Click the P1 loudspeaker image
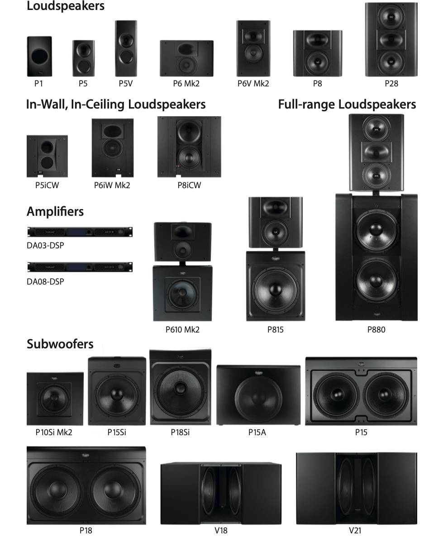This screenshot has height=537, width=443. pos(39,57)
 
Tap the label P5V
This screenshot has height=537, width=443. pos(125,84)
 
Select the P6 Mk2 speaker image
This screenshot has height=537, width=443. pos(186,58)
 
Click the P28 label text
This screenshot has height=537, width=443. pos(391,84)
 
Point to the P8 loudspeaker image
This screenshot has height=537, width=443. pos(317,53)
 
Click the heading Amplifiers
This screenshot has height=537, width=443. pos(55,211)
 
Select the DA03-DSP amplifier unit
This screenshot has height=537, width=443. pos(80,232)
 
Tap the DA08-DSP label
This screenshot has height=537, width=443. pos(45,281)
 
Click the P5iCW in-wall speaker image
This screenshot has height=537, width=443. pos(47,156)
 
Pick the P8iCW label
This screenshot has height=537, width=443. pos(189,185)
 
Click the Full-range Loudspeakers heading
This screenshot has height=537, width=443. pos(347,105)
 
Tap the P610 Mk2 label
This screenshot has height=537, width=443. pos(182,330)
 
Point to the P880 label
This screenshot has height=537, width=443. pos(376,330)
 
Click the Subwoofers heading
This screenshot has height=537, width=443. pos(60,344)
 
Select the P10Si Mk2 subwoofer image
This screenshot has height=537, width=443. pos(55,399)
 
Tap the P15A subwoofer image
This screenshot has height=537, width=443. pos(258,395)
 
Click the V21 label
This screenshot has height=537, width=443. pos(355,531)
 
